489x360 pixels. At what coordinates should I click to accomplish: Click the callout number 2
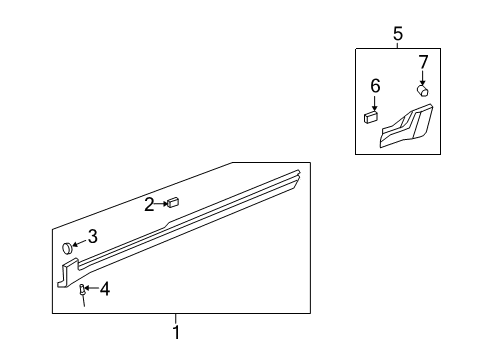coord(149,205)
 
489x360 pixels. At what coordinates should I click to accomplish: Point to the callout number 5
coord(397,33)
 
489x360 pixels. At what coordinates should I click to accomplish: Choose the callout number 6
coord(375,87)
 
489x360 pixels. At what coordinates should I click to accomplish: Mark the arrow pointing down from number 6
coord(374,102)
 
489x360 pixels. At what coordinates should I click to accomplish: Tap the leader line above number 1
coord(176,319)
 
